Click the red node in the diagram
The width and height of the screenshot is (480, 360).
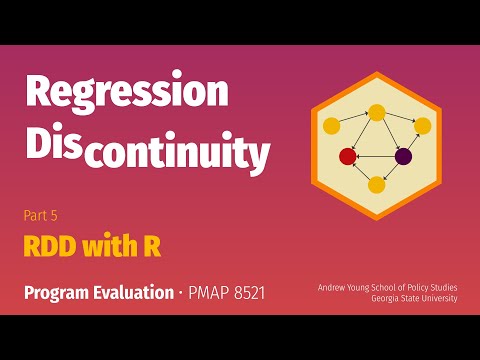(x=348, y=156)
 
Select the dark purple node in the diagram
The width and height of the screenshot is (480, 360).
(x=404, y=156)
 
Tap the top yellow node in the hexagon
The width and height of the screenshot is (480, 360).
(x=377, y=111)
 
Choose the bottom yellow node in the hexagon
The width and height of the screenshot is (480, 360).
(x=377, y=184)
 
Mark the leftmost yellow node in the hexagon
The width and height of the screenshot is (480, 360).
(x=332, y=126)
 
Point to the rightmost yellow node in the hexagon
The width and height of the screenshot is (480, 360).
(x=422, y=126)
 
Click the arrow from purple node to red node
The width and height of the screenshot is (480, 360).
(x=376, y=156)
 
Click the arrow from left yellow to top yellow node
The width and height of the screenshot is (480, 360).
(x=354, y=118)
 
